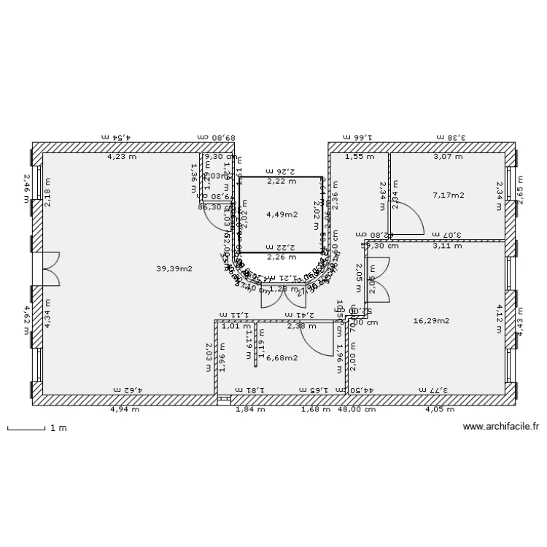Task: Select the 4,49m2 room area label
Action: [281, 214]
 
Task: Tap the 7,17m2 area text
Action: [448, 195]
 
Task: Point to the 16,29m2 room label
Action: [431, 320]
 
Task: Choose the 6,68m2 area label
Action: [282, 357]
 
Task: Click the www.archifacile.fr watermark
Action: [500, 427]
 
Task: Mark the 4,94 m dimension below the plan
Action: [125, 410]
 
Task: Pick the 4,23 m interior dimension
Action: [121, 156]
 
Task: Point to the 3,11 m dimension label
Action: [446, 246]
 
